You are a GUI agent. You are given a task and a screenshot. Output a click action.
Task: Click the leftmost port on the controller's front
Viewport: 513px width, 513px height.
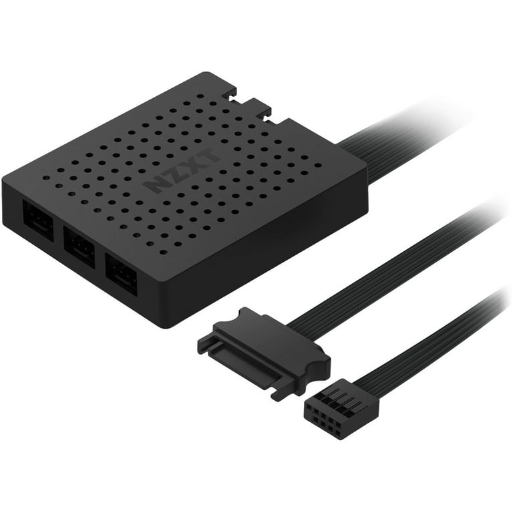click(37, 221)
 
